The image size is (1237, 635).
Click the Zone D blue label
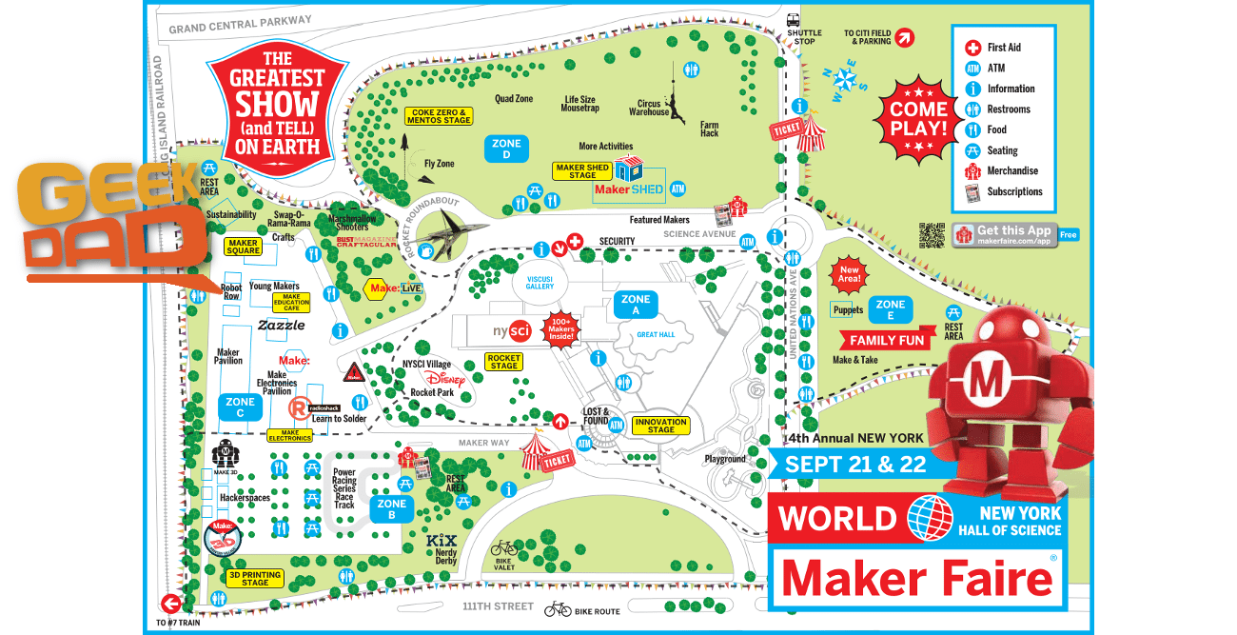click(506, 149)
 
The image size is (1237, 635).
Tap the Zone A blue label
click(636, 305)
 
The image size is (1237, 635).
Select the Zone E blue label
click(891, 310)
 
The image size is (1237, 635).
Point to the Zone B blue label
click(391, 509)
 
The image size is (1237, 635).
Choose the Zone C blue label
click(240, 407)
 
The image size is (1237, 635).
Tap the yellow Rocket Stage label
click(503, 361)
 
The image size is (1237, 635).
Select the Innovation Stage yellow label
click(661, 426)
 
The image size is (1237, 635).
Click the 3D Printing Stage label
click(255, 579)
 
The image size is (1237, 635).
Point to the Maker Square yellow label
click(243, 247)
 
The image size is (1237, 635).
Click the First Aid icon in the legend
click(972, 48)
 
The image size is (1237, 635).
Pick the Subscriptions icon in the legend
click(972, 192)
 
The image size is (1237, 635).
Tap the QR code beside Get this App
click(933, 234)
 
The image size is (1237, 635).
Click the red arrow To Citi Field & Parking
click(905, 37)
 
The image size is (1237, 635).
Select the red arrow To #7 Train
click(171, 604)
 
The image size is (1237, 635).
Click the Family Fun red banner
click(887, 340)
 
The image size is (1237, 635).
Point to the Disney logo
click(446, 378)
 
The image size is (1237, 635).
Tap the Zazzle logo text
click(282, 325)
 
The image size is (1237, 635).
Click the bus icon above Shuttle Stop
click(792, 19)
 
